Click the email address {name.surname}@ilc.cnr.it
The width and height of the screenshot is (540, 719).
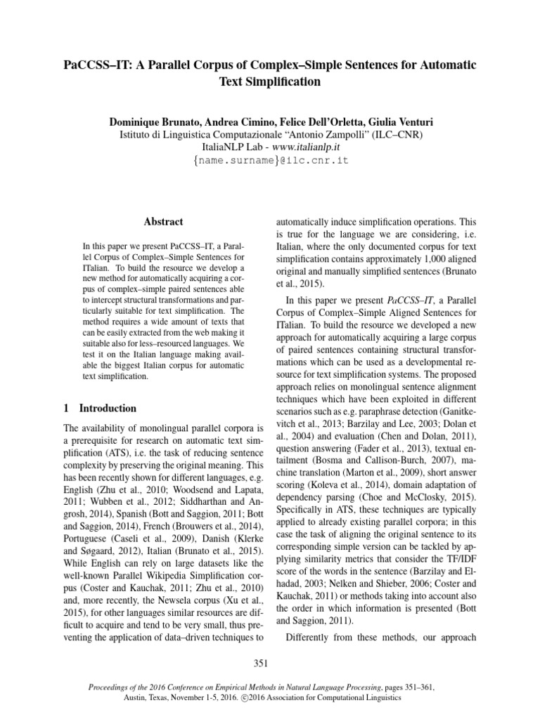coord(270,161)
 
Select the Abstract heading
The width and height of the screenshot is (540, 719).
coord(163,221)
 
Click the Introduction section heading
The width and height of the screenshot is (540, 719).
coord(108,408)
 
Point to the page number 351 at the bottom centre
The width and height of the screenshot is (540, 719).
coord(270,663)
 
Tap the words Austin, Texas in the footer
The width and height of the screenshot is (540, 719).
coord(167,699)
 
